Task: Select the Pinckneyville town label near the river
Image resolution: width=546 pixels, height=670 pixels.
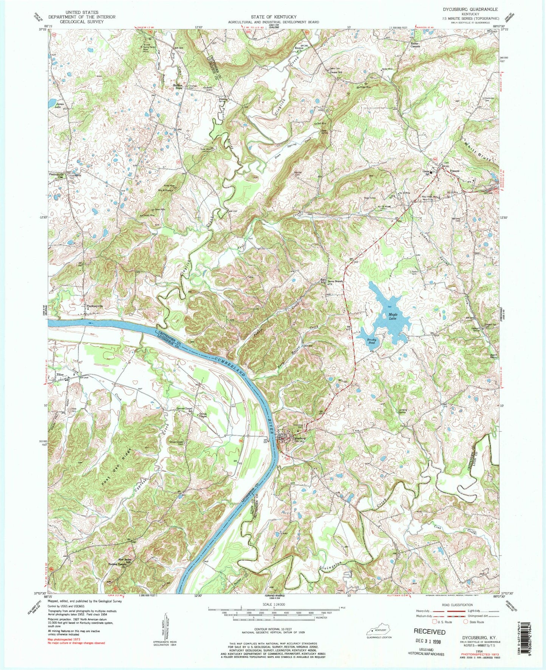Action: [95, 306]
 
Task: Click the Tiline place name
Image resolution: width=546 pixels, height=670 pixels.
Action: [60, 375]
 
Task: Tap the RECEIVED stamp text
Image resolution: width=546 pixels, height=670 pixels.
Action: [429, 631]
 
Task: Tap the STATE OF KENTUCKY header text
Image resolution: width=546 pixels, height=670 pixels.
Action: [273, 17]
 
